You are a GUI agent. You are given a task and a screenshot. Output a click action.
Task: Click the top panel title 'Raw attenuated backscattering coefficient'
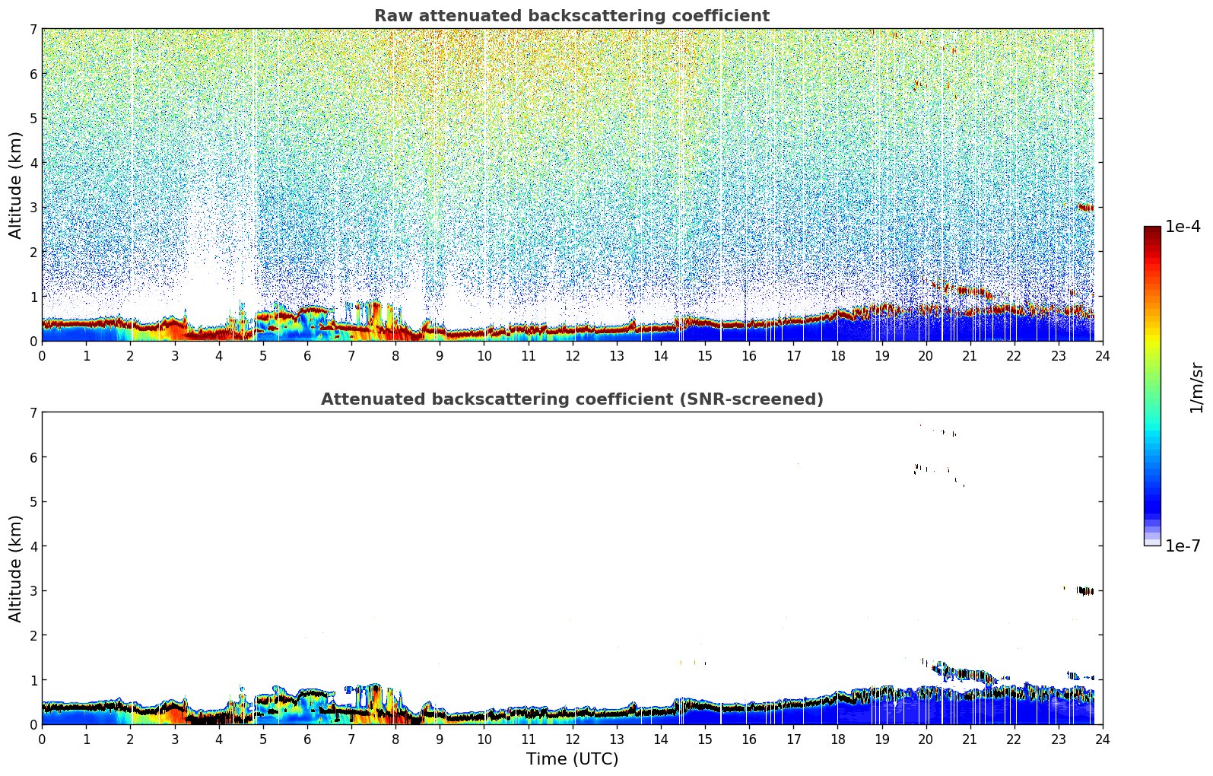tap(571, 16)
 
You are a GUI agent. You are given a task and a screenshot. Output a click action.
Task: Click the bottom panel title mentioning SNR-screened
tap(571, 399)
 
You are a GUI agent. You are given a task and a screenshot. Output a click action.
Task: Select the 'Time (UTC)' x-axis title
tap(572, 759)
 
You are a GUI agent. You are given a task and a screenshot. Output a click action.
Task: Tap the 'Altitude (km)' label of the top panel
tap(16, 185)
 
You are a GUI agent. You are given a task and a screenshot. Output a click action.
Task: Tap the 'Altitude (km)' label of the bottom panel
tap(16, 568)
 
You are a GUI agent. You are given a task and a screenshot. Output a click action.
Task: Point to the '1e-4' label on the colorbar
tap(1183, 227)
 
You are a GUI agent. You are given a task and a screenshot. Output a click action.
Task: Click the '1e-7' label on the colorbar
tap(1183, 545)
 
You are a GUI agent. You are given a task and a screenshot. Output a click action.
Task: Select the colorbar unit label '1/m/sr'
tap(1196, 387)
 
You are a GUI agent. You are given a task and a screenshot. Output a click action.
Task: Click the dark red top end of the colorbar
tap(1151, 230)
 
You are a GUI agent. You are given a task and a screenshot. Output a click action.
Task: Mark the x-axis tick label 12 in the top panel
tap(572, 355)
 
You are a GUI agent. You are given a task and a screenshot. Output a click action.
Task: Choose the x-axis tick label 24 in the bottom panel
tap(1102, 739)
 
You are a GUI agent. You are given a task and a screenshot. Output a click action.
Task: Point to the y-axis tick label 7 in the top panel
tap(33, 30)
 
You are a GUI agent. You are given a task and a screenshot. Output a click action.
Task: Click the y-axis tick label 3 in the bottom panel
tap(33, 591)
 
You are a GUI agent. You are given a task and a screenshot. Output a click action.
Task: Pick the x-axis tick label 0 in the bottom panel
tap(42, 739)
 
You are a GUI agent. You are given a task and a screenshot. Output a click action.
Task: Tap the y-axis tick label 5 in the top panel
tap(33, 119)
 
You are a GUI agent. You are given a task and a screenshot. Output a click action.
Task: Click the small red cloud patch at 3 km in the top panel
tap(1085, 208)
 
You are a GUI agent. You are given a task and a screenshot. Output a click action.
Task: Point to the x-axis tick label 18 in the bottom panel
tap(837, 739)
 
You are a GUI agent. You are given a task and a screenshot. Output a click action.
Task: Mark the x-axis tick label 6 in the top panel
tap(307, 355)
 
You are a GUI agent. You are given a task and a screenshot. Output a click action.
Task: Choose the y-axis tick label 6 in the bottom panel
tap(33, 457)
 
